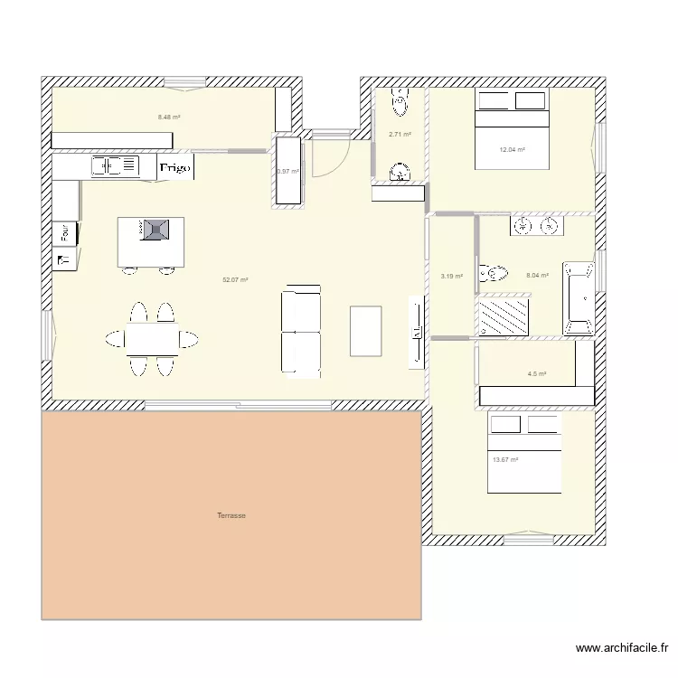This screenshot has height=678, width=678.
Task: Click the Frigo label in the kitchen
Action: tap(175, 167)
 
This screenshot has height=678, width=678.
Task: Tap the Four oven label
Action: tap(65, 233)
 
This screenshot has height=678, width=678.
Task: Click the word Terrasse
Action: tap(231, 516)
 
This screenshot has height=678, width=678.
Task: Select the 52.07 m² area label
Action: tap(235, 280)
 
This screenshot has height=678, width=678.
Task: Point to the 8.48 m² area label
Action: tap(169, 118)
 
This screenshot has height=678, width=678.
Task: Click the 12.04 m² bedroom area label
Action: tap(513, 150)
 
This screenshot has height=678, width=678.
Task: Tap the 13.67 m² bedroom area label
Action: tap(505, 460)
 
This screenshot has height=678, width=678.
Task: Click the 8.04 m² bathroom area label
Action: tap(537, 276)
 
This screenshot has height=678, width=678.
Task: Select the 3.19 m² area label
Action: tap(451, 277)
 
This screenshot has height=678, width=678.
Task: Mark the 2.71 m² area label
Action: tap(400, 135)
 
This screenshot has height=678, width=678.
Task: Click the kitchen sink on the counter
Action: tap(115, 166)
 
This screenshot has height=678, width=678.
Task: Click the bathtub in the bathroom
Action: tap(579, 298)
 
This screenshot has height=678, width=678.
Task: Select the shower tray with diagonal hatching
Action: tap(504, 316)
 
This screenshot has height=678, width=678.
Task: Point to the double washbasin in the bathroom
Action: tap(537, 226)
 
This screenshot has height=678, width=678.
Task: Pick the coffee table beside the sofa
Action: tap(365, 331)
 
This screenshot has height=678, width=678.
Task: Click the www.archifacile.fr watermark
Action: tap(622, 648)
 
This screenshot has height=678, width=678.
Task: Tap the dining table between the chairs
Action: tap(151, 339)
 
